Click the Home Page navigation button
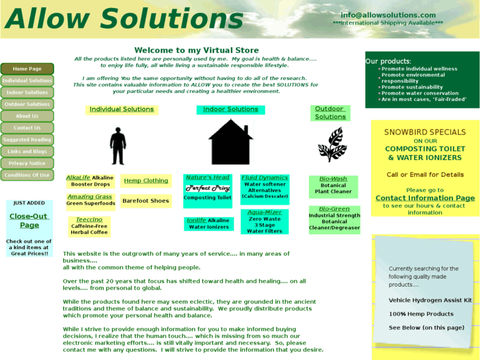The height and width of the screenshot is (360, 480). pyautogui.click(x=27, y=69)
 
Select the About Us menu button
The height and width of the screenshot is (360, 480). pyautogui.click(x=27, y=116)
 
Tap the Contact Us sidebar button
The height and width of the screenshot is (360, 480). pyautogui.click(x=27, y=128)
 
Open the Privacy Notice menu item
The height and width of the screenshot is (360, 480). pyautogui.click(x=27, y=163)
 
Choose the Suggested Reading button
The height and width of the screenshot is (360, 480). pyautogui.click(x=27, y=140)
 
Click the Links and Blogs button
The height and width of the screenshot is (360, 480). pyautogui.click(x=27, y=152)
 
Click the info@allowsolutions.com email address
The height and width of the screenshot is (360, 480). pyautogui.click(x=388, y=15)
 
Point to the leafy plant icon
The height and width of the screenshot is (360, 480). pyautogui.click(x=331, y=145)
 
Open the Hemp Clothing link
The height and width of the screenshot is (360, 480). pyautogui.click(x=146, y=180)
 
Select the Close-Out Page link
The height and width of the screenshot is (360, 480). pyautogui.click(x=29, y=221)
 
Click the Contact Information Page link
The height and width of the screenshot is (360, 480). pyautogui.click(x=425, y=198)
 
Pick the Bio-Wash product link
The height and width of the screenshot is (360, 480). pyautogui.click(x=333, y=179)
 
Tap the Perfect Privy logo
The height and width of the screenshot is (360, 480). pyautogui.click(x=207, y=188)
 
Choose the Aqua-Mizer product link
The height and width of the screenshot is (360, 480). pyautogui.click(x=265, y=213)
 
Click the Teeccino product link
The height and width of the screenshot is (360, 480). pyautogui.click(x=88, y=220)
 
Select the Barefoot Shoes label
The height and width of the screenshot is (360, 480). pyautogui.click(x=146, y=201)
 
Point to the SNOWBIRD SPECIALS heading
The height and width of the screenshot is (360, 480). pyautogui.click(x=425, y=132)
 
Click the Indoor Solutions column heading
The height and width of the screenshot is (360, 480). pyautogui.click(x=230, y=110)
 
